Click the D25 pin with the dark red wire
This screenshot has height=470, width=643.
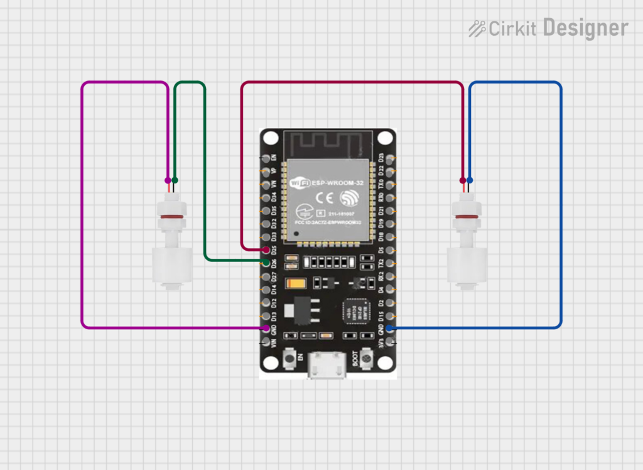tap(266, 249)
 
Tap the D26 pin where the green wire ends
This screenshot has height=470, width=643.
tap(266, 262)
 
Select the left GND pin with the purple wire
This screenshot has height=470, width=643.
tap(266, 329)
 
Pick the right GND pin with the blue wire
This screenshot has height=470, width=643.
tap(389, 329)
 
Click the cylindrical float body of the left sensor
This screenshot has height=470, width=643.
tap(171, 264)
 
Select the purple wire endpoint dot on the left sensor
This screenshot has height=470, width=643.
tap(167, 180)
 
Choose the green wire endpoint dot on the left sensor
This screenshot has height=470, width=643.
tap(175, 180)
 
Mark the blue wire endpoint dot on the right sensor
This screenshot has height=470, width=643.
tap(470, 180)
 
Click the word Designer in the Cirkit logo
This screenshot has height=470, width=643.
tap(585, 28)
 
